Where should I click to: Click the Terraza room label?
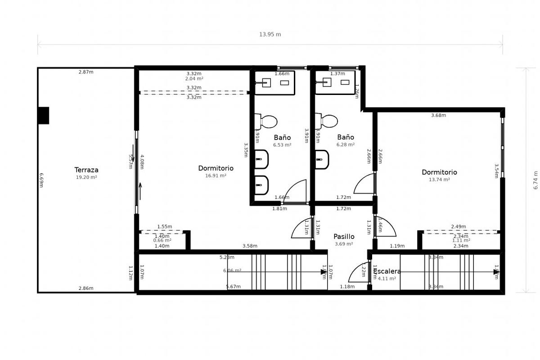coord(86,170)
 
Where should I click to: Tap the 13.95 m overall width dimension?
coord(270,35)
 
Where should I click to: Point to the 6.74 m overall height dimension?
coord(535,180)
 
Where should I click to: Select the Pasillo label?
coord(344,237)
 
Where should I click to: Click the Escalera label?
coord(387,271)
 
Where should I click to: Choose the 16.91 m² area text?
coord(216,176)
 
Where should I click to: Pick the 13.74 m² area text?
coord(439,180)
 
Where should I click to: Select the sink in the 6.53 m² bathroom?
coord(266,83)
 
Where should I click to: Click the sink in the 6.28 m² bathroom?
coord(327,82)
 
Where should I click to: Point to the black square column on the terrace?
coord(43,116)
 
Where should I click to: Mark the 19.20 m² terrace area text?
coord(86,177)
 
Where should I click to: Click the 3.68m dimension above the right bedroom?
coord(438,116)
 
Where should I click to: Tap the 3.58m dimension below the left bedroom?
coord(250,246)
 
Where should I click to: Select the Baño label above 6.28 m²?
coord(346,137)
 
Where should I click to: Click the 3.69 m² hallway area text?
coord(344,244)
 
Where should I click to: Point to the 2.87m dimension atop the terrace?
coord(86,72)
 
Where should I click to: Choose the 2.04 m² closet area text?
coord(194,79)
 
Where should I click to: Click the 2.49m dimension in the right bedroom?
coord(459,227)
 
